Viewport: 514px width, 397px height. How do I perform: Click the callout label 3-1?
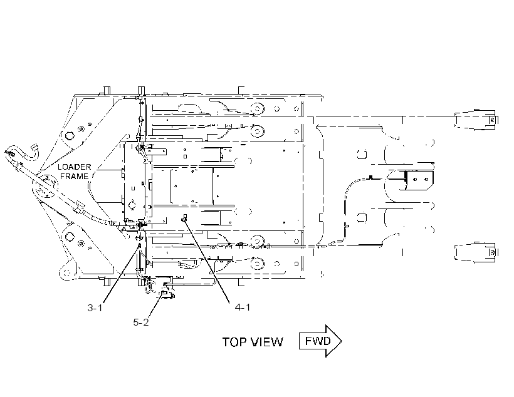click(95, 308)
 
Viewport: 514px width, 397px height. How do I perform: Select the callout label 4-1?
click(243, 307)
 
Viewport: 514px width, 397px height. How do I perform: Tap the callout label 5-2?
click(141, 322)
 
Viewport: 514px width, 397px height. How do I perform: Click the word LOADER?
click(74, 167)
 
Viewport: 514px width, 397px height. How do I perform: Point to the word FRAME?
click(74, 176)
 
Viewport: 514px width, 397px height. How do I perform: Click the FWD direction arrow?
click(320, 341)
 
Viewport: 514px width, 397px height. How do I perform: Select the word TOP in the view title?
click(234, 342)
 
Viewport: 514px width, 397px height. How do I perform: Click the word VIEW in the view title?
click(267, 342)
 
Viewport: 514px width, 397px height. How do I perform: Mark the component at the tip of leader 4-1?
click(184, 218)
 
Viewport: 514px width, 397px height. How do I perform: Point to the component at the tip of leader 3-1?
click(139, 245)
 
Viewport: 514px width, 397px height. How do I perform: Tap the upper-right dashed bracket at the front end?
click(475, 120)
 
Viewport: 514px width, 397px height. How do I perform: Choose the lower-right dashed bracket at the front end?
click(475, 252)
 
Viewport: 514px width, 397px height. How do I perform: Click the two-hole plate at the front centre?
click(420, 180)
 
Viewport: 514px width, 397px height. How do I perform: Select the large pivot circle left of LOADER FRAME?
click(45, 188)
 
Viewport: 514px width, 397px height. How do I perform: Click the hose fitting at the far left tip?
click(10, 153)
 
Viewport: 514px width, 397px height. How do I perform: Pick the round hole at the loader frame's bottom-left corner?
click(66, 272)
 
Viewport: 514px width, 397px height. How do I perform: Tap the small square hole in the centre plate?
click(185, 157)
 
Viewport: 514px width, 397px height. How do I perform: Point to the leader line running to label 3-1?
click(121, 274)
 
